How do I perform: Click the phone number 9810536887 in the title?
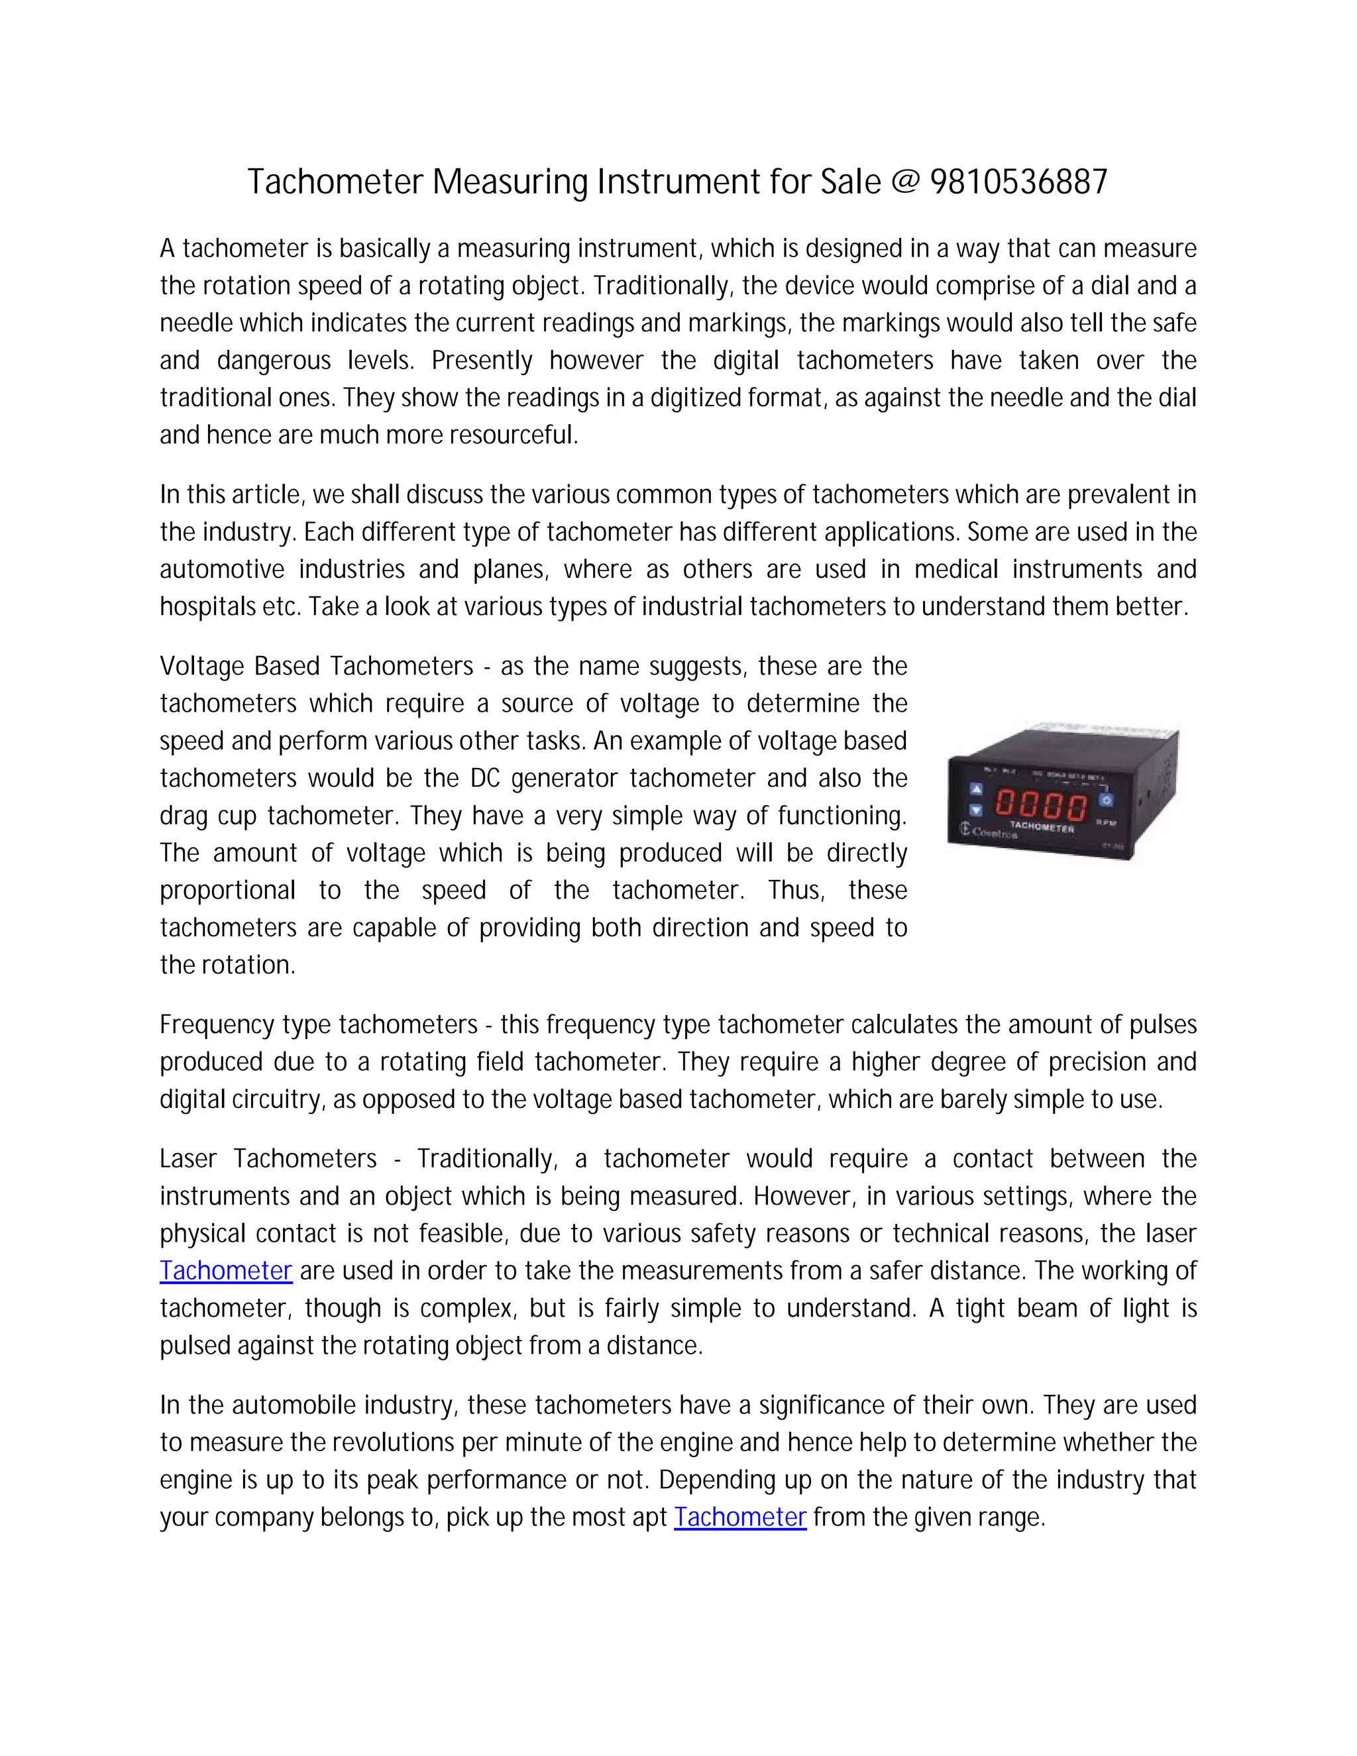pos(1018,182)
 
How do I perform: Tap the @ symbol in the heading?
pos(905,182)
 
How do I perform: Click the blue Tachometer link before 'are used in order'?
pos(226,1270)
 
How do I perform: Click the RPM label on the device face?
pos(1107,823)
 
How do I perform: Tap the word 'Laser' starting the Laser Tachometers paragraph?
pos(188,1158)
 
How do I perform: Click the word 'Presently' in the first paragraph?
pos(482,360)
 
